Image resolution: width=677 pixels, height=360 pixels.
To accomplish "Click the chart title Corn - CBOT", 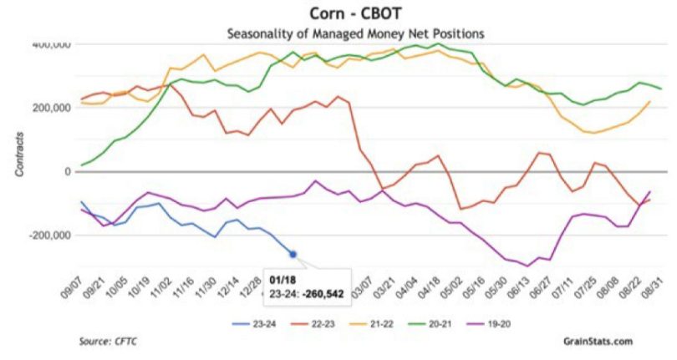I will (x=356, y=14).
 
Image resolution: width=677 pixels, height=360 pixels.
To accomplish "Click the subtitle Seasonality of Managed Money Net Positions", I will (x=356, y=33).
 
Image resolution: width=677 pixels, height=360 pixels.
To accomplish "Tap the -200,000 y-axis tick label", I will (x=48, y=236).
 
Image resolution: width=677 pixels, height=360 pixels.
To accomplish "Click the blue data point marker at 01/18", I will (x=293, y=254).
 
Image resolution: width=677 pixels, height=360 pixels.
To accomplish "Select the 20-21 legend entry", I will (x=422, y=317).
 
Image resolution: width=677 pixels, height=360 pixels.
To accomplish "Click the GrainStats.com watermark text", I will (x=598, y=341).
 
